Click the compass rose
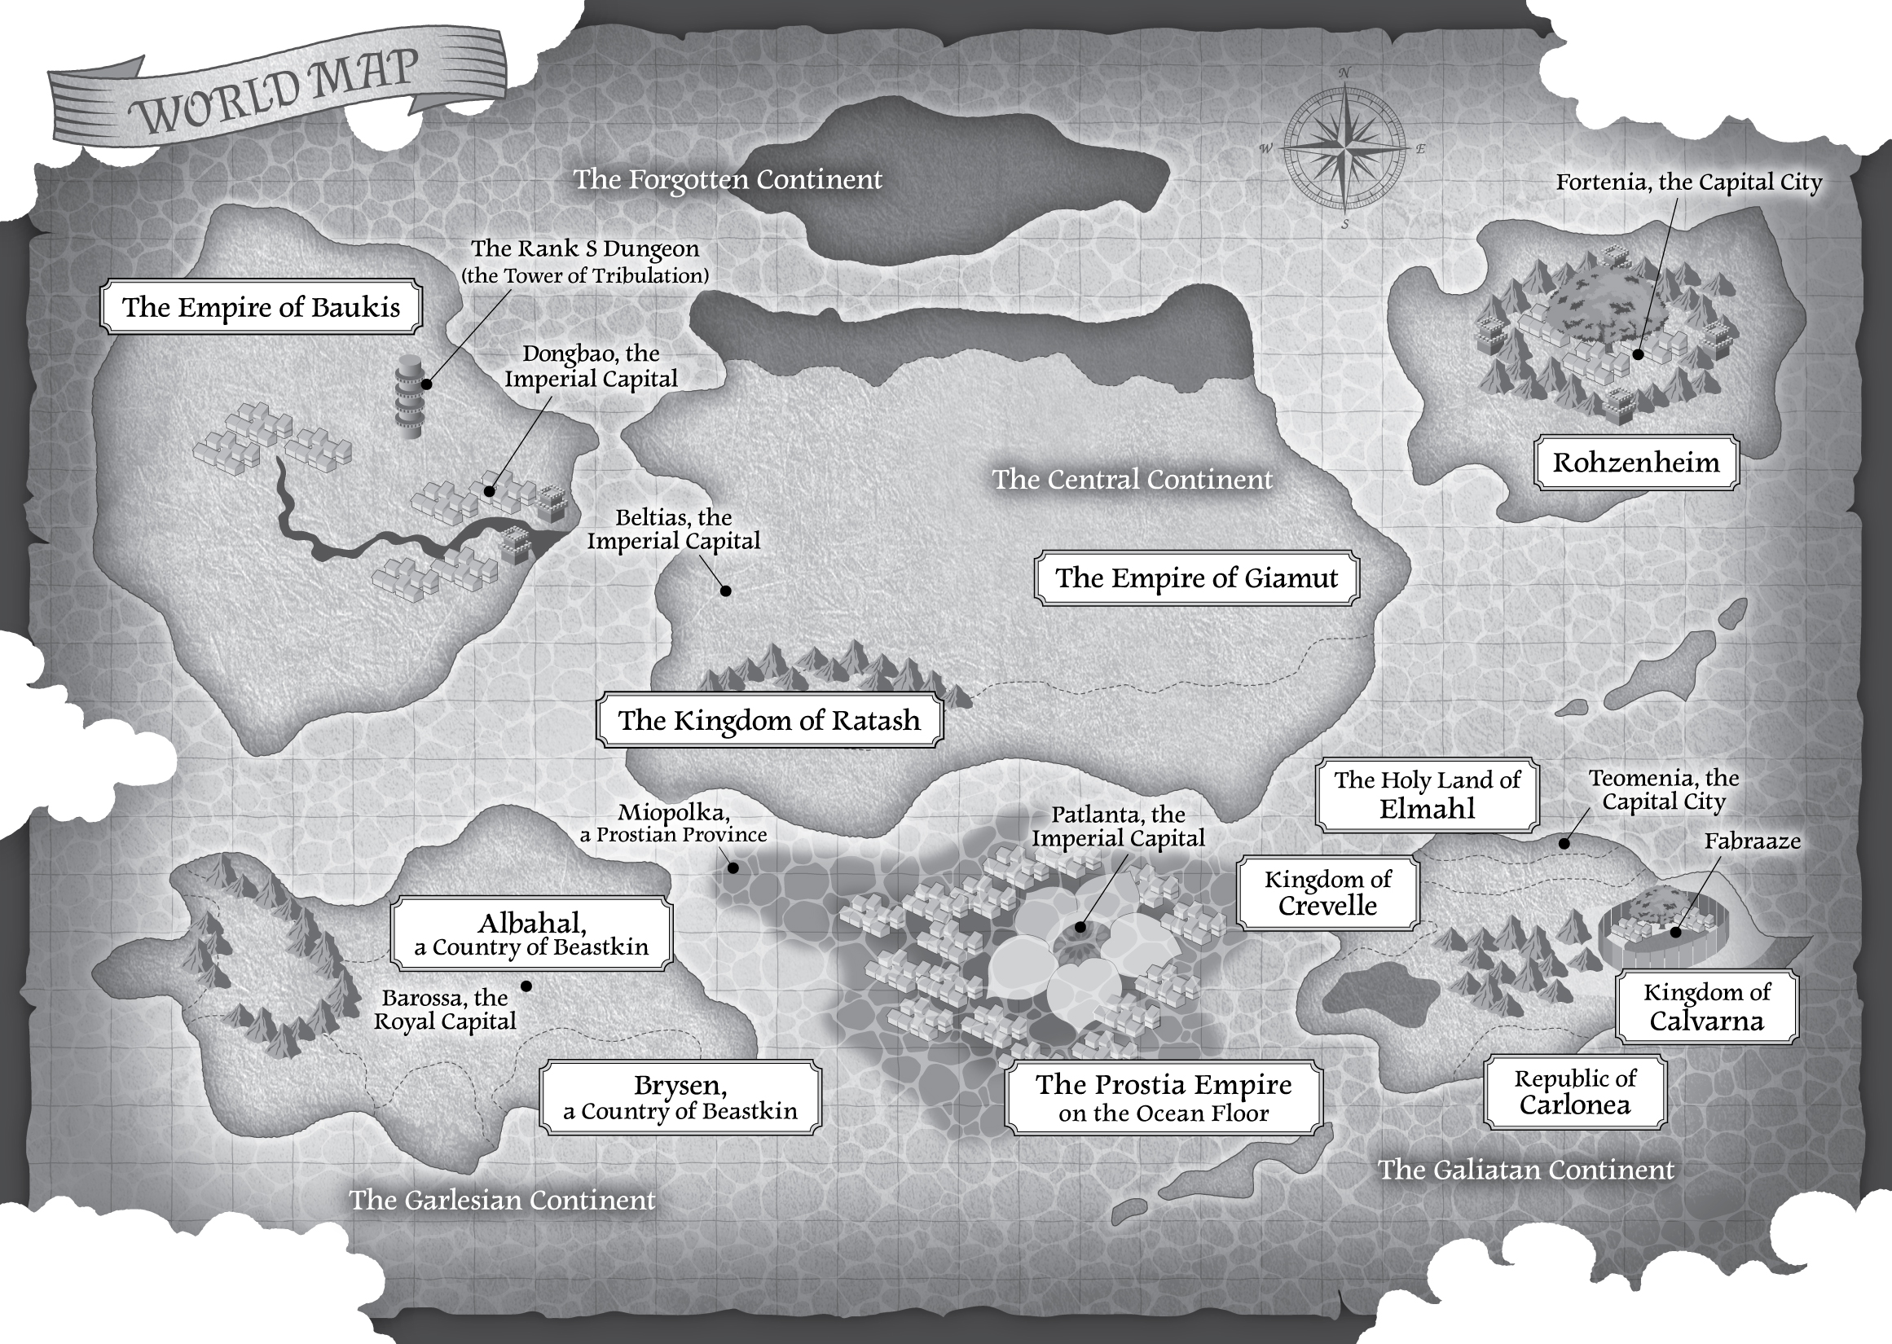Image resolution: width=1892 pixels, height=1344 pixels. coord(1345,149)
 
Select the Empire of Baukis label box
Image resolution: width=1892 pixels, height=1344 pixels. coord(261,307)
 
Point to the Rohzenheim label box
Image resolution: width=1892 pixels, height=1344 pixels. coord(1635,463)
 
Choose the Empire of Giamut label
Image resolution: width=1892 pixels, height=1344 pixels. coord(1196,578)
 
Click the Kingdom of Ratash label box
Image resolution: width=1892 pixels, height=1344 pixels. coord(769,720)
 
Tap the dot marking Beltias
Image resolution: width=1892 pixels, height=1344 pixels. coord(726,591)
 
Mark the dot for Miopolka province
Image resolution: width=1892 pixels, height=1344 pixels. coord(733,868)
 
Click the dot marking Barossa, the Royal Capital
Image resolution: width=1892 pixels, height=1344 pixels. coord(526,986)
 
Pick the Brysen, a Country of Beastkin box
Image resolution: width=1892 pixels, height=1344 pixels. coord(680,1097)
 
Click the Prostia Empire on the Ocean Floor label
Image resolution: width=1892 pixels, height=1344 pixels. coord(1163,1097)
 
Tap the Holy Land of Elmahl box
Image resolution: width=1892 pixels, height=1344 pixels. coord(1427,794)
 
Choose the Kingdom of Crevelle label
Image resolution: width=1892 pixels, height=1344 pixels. coord(1327,892)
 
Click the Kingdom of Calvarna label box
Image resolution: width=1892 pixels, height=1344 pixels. coord(1706,1006)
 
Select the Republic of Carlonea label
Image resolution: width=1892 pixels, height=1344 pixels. coord(1575,1091)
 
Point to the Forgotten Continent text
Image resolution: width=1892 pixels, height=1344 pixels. coord(728,179)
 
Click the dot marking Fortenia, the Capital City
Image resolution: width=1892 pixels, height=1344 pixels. coord(1638,354)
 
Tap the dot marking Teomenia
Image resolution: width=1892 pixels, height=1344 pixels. coord(1564,843)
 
